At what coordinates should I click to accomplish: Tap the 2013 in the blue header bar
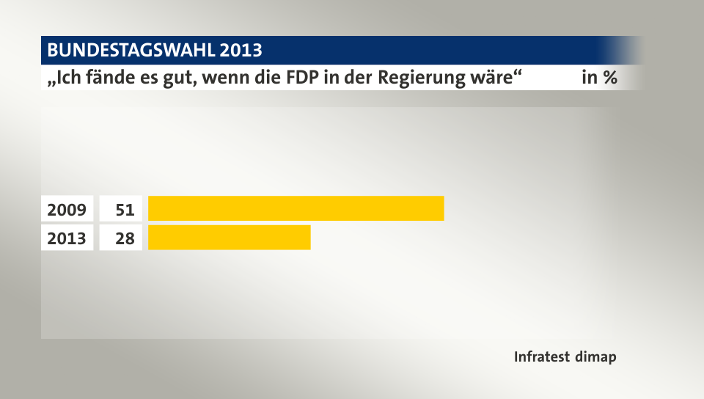click(x=241, y=51)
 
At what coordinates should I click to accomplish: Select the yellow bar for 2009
click(x=296, y=208)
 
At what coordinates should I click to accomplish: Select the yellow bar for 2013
click(x=229, y=238)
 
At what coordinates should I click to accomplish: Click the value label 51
click(x=124, y=209)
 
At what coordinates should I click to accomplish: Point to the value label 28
click(x=124, y=238)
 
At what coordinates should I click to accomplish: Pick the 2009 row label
click(x=67, y=209)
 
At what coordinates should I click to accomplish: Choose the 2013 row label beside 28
click(x=67, y=238)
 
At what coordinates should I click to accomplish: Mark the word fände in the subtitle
click(x=103, y=78)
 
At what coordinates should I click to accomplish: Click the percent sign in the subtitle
click(x=609, y=78)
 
